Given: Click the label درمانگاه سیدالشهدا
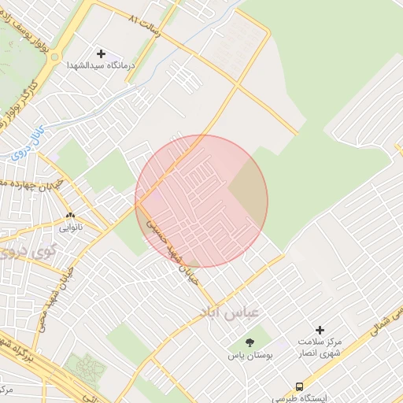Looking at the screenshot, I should coord(102,65).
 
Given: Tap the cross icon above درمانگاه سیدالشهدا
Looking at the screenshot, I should coord(102,53).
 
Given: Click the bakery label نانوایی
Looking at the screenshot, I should coord(70,228).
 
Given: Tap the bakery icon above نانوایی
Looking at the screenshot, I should coord(70,215).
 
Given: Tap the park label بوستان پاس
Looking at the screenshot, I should coord(250,357).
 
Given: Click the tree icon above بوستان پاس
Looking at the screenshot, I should coord(250,343).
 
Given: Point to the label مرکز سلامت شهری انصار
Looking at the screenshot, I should coord(320,348).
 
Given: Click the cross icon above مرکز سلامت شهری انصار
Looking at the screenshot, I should coord(320,331).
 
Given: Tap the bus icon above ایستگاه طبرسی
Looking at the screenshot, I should coord(299,386).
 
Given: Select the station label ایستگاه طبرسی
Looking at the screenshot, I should coord(300,399).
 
